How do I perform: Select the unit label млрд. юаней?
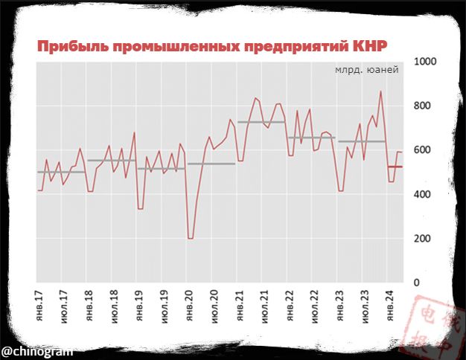(x=366, y=70)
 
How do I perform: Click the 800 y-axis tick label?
(x=422, y=106)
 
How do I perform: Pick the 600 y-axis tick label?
(x=422, y=150)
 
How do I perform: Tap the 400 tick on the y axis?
(x=422, y=194)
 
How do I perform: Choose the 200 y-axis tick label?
(x=422, y=239)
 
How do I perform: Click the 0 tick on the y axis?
(x=417, y=283)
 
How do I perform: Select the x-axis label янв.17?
(x=39, y=306)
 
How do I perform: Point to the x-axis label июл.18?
(x=114, y=306)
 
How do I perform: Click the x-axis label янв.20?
(x=189, y=306)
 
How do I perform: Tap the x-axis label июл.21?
(x=264, y=306)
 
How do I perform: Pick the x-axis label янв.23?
(x=339, y=306)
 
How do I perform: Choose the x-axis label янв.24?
(x=389, y=306)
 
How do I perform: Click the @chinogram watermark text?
(x=31, y=350)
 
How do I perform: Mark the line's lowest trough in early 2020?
(x=191, y=238)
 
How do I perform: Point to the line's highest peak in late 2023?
(x=381, y=91)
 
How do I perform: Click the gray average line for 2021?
(x=262, y=122)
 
